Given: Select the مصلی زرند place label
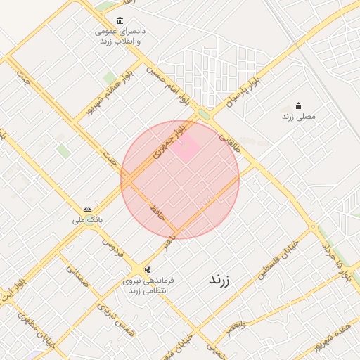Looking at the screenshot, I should point(299,116).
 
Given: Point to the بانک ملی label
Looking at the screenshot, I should point(87,220).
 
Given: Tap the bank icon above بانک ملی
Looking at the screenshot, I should point(87,209).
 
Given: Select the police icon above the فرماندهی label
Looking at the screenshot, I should point(147,269).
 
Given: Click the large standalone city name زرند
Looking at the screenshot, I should point(224,279).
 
